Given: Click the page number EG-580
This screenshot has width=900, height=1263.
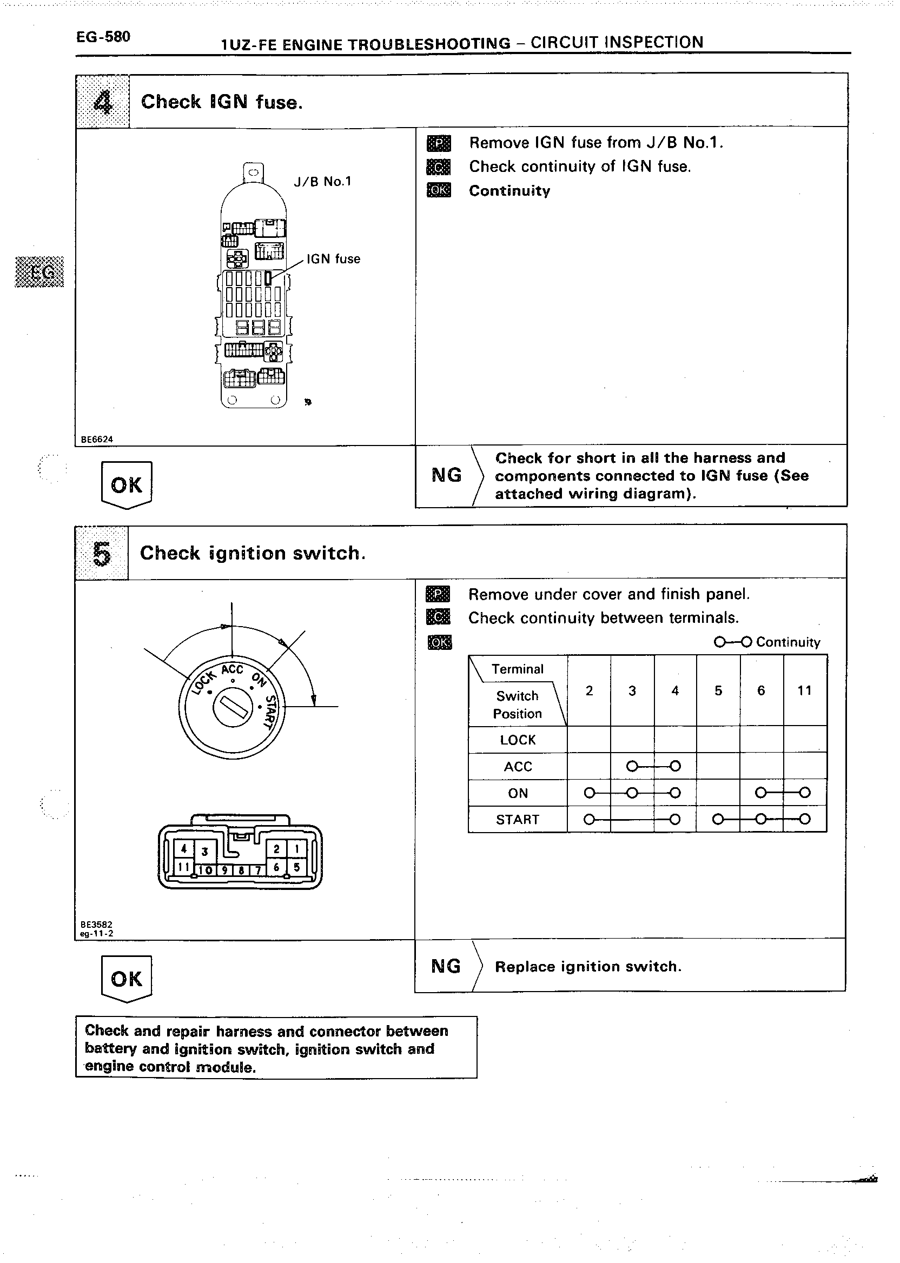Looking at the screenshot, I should click(103, 37).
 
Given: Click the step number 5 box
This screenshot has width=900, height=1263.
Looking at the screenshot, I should click(102, 554).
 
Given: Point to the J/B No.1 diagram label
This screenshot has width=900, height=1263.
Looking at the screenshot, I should click(322, 182).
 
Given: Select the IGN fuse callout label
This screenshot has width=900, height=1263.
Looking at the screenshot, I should click(333, 258).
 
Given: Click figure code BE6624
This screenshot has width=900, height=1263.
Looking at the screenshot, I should click(96, 439).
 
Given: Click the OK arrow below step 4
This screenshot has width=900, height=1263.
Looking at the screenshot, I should click(127, 486).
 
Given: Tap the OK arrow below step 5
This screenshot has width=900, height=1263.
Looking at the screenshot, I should click(127, 979).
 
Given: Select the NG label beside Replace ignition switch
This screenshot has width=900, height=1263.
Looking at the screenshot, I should click(446, 967).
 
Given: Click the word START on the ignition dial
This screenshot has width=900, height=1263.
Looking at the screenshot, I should click(270, 713).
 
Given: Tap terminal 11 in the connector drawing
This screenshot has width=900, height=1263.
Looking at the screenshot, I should click(183, 867).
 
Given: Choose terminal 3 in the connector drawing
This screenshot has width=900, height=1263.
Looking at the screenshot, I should click(204, 852).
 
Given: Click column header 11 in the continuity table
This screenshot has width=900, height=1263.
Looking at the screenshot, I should click(804, 690).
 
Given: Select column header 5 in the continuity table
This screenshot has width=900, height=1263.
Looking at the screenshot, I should click(718, 690).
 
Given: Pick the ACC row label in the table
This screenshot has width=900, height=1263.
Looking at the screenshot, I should click(518, 767).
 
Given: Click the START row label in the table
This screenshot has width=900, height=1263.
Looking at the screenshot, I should click(518, 819).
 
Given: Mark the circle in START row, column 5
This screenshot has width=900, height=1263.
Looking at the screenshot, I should click(718, 819).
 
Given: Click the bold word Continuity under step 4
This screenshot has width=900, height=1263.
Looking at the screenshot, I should click(509, 191).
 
